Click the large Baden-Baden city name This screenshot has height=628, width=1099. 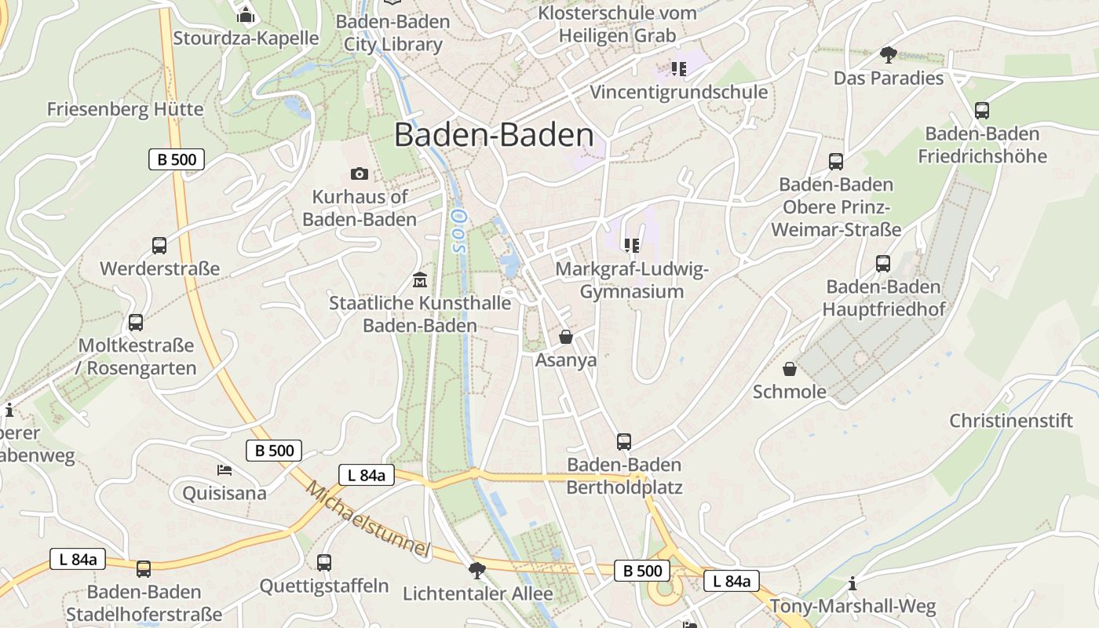(x=494, y=135)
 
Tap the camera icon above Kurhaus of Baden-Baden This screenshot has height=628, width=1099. (x=360, y=173)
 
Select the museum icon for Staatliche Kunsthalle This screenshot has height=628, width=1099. (x=420, y=279)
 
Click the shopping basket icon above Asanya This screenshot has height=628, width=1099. (x=565, y=337)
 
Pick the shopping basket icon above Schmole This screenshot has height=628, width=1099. (x=790, y=368)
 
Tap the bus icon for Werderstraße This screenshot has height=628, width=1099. (x=159, y=246)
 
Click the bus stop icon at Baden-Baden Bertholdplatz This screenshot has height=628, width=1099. (x=624, y=441)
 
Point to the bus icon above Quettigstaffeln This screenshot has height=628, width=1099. (x=324, y=562)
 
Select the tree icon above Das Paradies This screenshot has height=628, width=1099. (x=888, y=54)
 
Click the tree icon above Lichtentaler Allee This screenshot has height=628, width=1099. (x=476, y=570)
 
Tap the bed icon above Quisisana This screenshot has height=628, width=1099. (x=225, y=470)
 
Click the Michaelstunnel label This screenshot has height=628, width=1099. (x=368, y=519)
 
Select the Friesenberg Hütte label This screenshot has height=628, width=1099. (x=125, y=109)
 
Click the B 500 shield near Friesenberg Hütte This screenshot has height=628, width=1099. (x=177, y=159)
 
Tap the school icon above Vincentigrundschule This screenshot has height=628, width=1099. (x=678, y=69)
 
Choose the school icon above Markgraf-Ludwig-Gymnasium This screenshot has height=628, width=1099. (x=631, y=246)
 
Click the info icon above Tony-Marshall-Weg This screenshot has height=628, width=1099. (x=853, y=583)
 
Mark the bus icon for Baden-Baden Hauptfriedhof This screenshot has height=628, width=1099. (x=883, y=263)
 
